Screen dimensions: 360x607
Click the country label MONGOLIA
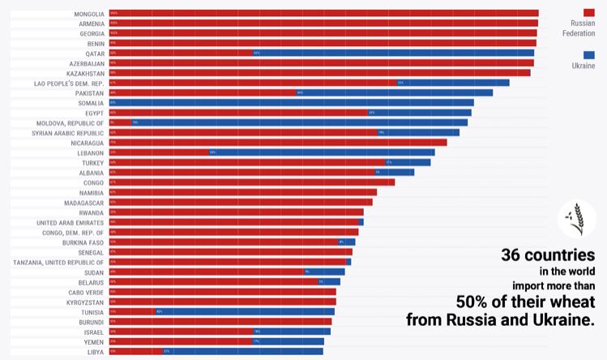click(x=88, y=13)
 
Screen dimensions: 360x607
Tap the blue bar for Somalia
click(x=291, y=103)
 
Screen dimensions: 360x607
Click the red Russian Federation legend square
click(x=589, y=12)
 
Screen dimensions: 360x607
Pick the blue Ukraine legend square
click(x=589, y=54)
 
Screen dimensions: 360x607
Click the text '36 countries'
click(x=548, y=255)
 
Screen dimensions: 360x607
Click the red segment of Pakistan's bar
click(x=203, y=92)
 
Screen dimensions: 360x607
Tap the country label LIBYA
click(x=95, y=352)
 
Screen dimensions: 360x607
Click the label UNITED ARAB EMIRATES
click(x=70, y=222)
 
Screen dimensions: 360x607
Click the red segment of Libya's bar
click(x=136, y=352)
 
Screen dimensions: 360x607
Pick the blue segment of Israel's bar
click(x=292, y=332)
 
